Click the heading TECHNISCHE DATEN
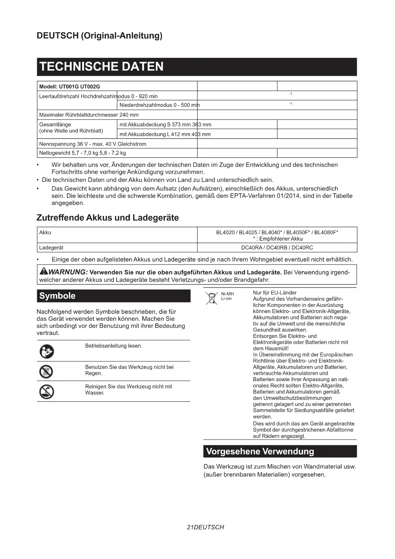tap(101, 67)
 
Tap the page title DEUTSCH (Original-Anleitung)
tap(99, 35)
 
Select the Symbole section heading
tap(57, 296)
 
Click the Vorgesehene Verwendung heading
tap(260, 451)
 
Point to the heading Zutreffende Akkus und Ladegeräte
tap(108, 218)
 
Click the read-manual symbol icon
tap(46, 352)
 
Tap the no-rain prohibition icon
tap(46, 372)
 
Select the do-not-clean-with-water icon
tap(46, 392)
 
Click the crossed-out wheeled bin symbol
tap(211, 298)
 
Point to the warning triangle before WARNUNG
tap(43, 272)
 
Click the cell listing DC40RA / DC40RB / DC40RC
tap(277, 248)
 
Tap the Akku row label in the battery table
tap(45, 232)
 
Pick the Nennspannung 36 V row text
tap(93, 144)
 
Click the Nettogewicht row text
tap(82, 153)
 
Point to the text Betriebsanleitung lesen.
tap(114, 346)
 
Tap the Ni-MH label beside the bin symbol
tap(227, 294)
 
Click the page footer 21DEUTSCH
tap(206, 527)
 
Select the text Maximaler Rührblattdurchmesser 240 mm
tap(89, 115)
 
